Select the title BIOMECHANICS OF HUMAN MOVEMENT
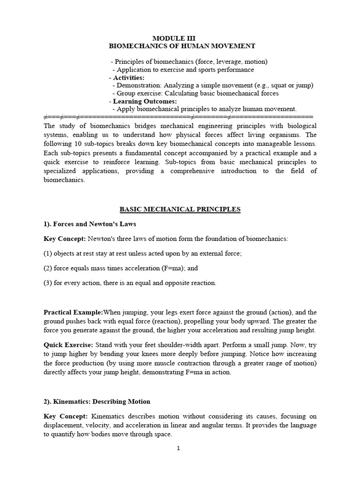tap(182, 46)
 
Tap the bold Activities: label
tap(128, 77)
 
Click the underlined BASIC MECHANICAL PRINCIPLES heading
tap(180, 210)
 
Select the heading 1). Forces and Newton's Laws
tap(90, 224)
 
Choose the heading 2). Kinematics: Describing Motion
tap(97, 401)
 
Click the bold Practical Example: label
tap(73, 312)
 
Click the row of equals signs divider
tap(178, 116)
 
